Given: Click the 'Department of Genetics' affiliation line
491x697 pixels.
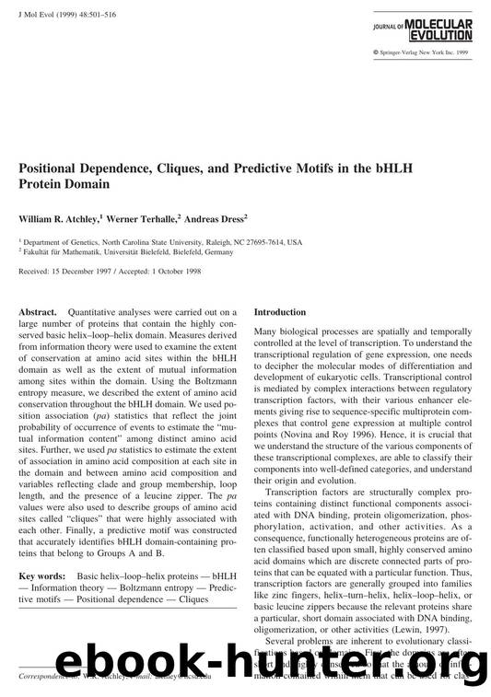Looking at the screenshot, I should [x=159, y=242].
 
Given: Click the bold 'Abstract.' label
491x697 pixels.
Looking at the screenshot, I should [x=38, y=312].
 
